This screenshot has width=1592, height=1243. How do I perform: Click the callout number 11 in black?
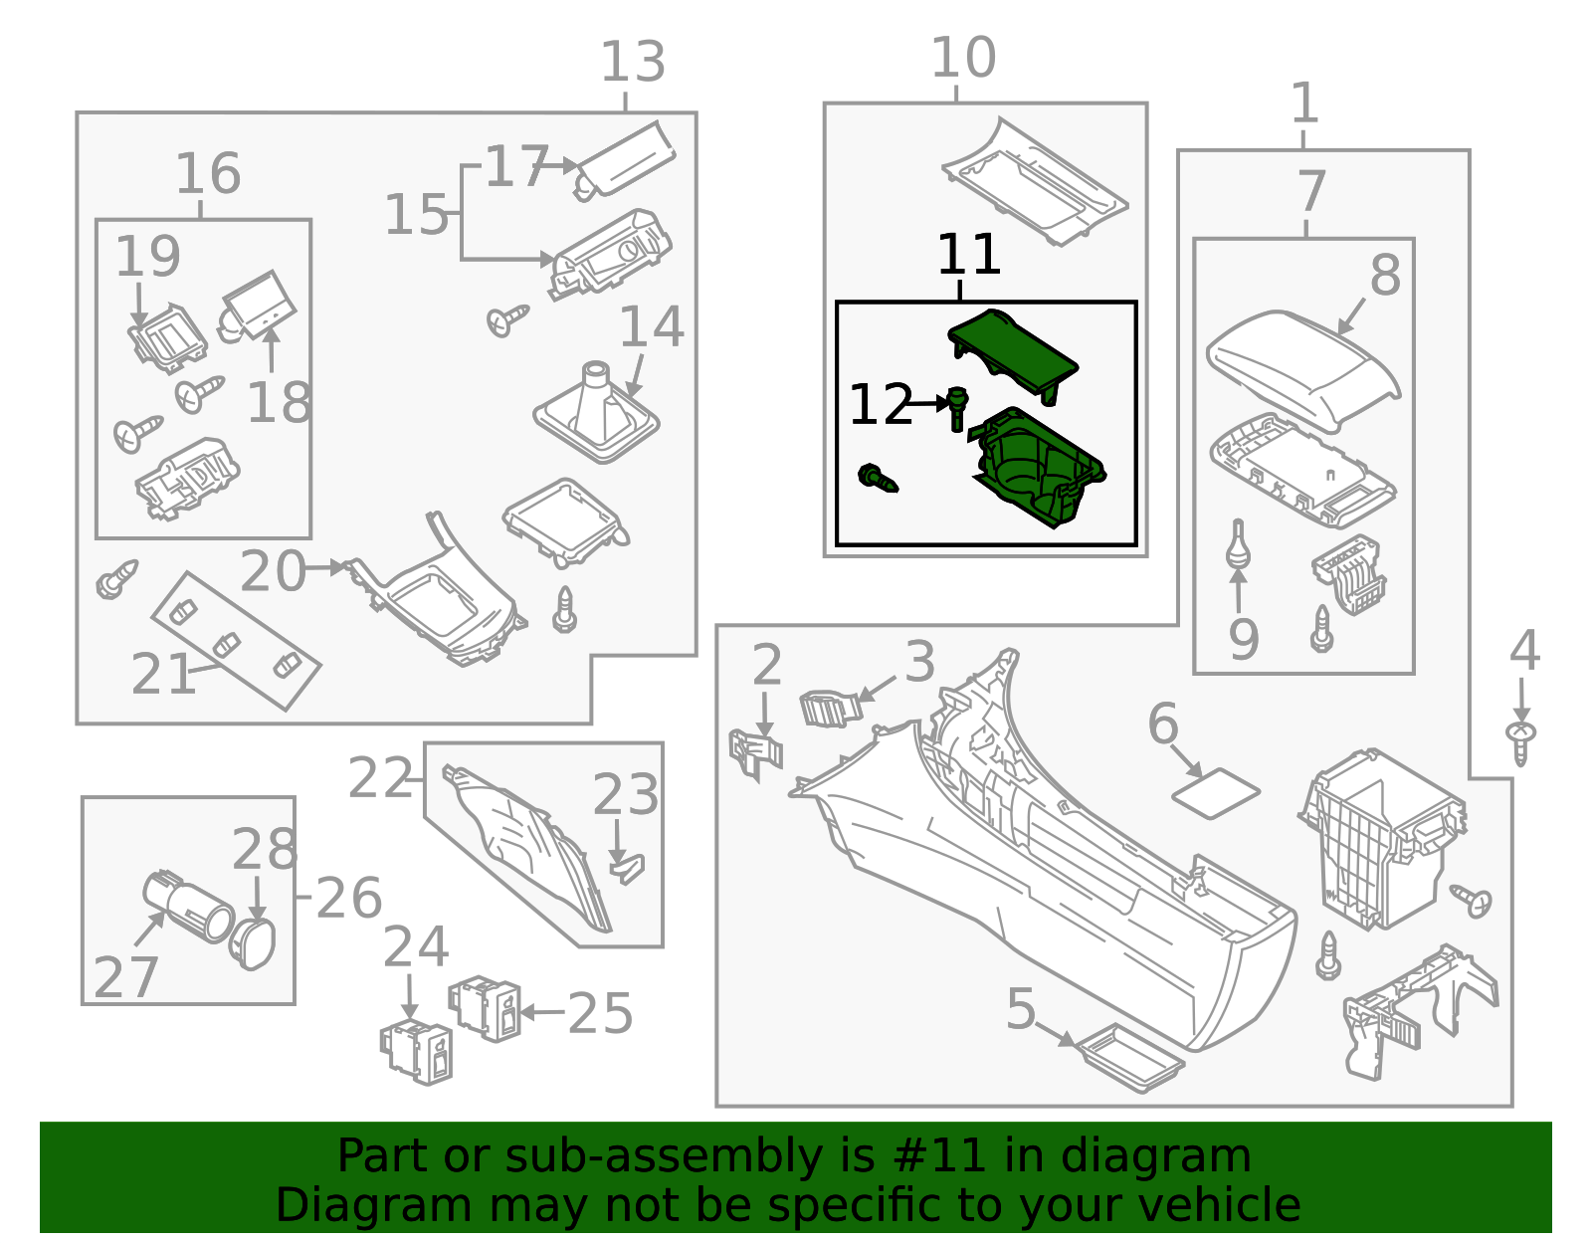[x=967, y=255]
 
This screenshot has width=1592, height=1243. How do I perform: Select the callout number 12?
[x=880, y=405]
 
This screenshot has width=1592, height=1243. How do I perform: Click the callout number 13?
[x=633, y=63]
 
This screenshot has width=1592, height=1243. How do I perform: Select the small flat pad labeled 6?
[x=1216, y=792]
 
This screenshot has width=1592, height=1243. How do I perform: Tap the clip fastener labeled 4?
[x=1520, y=742]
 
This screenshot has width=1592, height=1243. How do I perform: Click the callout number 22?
[x=380, y=779]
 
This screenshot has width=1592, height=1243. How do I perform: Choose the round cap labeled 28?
[x=253, y=941]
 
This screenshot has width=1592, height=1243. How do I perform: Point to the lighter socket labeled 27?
[x=189, y=904]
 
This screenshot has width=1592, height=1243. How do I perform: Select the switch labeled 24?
[x=417, y=1051]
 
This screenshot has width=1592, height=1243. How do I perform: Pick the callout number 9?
[x=1244, y=639]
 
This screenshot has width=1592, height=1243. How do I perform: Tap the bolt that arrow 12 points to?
[x=957, y=407]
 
